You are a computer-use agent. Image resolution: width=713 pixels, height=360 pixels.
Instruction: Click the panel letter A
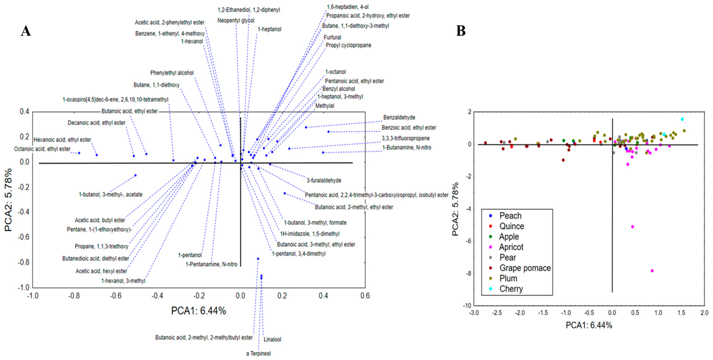(26, 31)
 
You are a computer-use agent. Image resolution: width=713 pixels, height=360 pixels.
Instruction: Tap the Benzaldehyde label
(399, 117)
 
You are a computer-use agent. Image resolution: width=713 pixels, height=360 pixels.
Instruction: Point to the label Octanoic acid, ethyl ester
(42, 149)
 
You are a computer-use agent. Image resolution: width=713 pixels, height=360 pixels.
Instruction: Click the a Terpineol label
(258, 353)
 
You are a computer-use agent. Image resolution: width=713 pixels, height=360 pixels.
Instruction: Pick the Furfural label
(332, 37)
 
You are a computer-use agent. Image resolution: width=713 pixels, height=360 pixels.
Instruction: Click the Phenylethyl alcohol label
(172, 73)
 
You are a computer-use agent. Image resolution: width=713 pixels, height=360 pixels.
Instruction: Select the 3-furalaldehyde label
(324, 180)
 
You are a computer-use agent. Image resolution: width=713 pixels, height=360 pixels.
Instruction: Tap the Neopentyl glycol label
(236, 20)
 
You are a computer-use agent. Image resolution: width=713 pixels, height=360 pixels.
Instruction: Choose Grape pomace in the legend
(525, 268)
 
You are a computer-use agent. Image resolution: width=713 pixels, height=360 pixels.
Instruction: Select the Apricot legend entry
(511, 247)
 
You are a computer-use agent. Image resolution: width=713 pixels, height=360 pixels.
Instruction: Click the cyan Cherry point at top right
(682, 119)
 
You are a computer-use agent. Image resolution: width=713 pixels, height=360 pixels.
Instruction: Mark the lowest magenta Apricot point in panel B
(652, 271)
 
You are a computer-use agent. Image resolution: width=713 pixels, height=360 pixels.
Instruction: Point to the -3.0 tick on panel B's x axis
(474, 313)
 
